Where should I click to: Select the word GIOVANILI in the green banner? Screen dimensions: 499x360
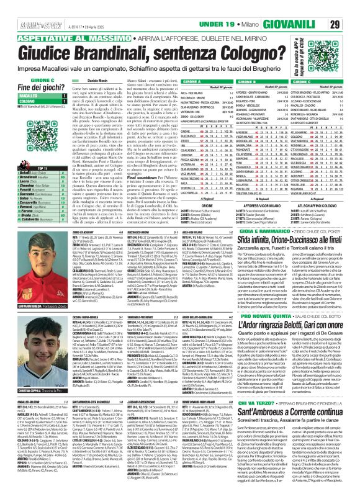tap(309, 24)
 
